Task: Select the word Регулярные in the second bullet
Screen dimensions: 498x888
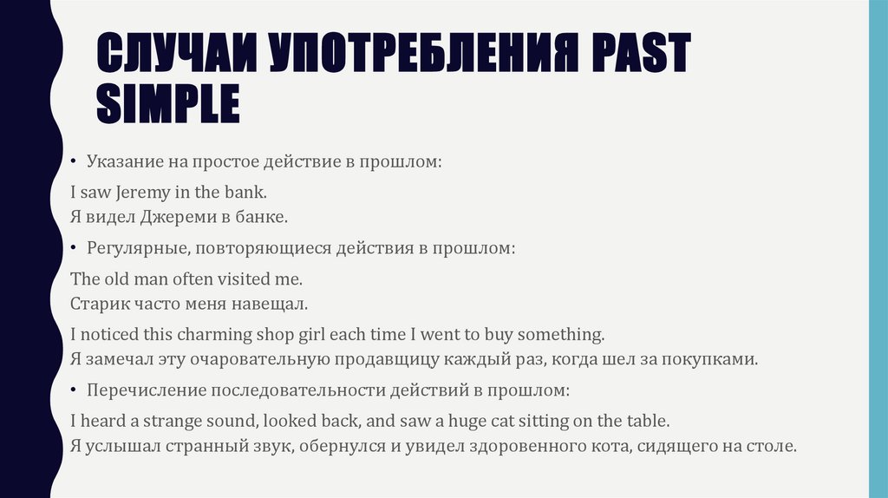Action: pos(138,249)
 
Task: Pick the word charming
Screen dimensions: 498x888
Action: pos(214,334)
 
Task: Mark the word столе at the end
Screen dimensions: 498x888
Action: pos(771,448)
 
